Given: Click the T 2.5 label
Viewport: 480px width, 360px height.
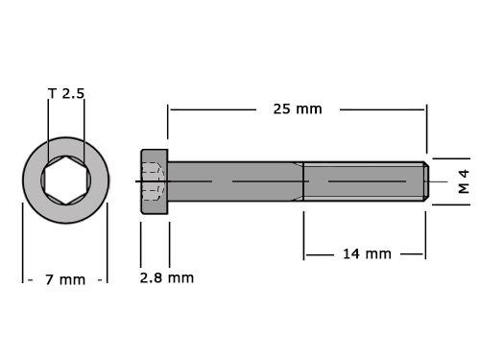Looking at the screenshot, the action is pyautogui.click(x=66, y=93).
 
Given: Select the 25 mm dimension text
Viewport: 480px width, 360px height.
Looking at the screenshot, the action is pyautogui.click(x=298, y=109).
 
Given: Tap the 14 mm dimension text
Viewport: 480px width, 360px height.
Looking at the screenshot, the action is pyautogui.click(x=367, y=254).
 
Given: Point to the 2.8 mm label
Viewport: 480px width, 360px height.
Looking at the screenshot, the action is pyautogui.click(x=167, y=277).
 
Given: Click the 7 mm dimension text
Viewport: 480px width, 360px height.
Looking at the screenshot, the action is pyautogui.click(x=65, y=279).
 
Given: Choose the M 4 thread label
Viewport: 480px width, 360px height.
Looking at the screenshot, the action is pyautogui.click(x=464, y=181).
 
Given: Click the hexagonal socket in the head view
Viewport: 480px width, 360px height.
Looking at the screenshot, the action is pyautogui.click(x=66, y=180).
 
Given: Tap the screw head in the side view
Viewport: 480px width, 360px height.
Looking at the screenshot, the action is pyautogui.click(x=155, y=181).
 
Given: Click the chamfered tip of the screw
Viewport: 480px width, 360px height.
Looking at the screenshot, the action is pyautogui.click(x=426, y=181).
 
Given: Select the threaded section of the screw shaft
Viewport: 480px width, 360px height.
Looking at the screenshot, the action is pyautogui.click(x=364, y=181).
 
